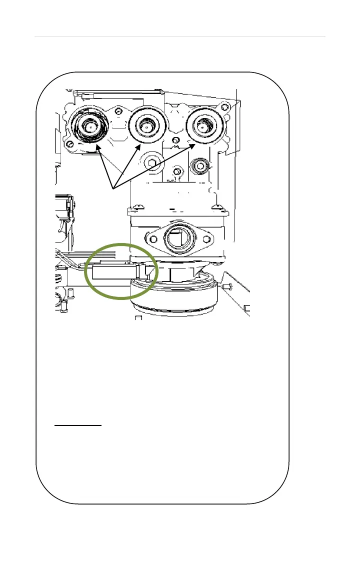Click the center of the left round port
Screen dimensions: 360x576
[x=88, y=127]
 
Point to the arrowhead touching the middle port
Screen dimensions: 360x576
[x=137, y=146]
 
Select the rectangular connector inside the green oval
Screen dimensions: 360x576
[x=112, y=273]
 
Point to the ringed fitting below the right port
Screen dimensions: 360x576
[x=199, y=164]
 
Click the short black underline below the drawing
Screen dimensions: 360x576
[x=77, y=426]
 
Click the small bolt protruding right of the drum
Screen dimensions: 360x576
[x=227, y=287]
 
